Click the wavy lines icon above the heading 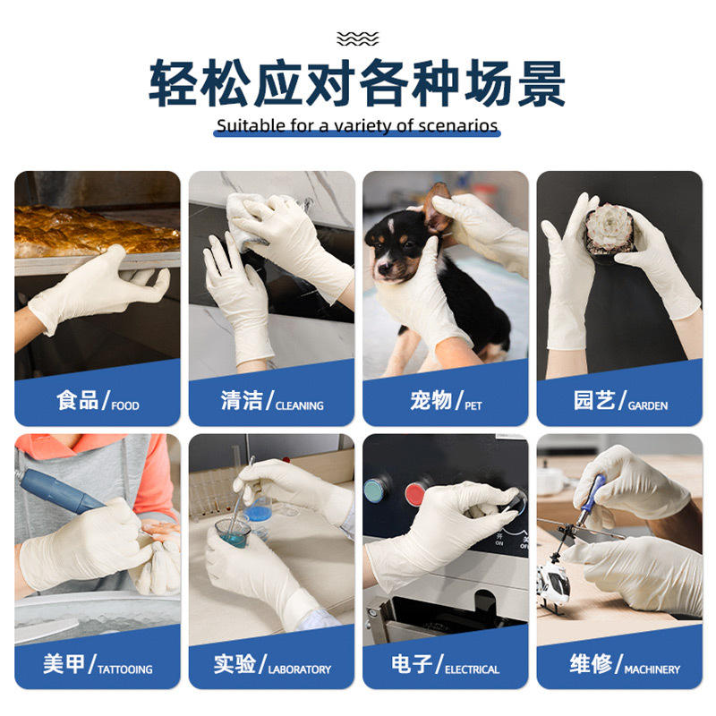tap(357, 38)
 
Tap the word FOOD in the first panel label tap(125, 405)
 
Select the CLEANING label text tap(300, 405)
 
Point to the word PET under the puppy tap(473, 405)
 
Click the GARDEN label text tap(648, 405)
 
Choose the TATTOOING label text tap(125, 669)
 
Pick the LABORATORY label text tap(300, 669)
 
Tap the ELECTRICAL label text tap(473, 669)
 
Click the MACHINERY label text tap(652, 669)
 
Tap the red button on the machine tap(415, 495)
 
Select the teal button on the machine tap(375, 490)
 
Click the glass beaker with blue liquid tap(233, 533)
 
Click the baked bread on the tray tap(97, 232)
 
